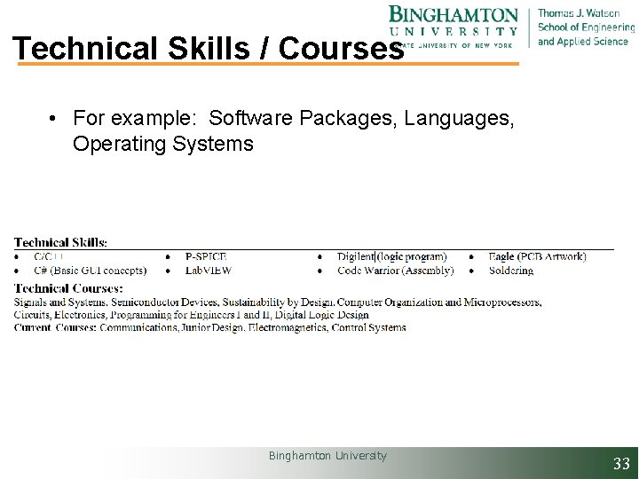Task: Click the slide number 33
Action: (621, 463)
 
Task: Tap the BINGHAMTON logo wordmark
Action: (454, 15)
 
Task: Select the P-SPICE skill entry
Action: (206, 257)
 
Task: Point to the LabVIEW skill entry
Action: (209, 271)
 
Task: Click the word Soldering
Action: (511, 271)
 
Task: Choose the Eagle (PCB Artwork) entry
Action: (538, 257)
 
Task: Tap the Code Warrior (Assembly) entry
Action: (395, 271)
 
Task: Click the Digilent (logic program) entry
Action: (391, 257)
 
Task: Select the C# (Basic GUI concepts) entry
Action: (90, 271)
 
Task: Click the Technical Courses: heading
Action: (68, 288)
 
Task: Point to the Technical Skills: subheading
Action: (60, 242)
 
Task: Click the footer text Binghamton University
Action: (327, 456)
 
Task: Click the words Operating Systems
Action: (163, 144)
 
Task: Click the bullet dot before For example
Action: (54, 118)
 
